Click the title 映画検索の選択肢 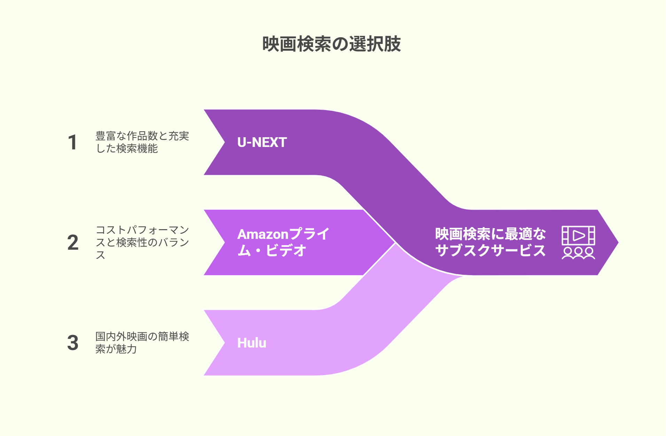pyautogui.click(x=331, y=44)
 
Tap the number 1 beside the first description pyautogui.click(x=72, y=142)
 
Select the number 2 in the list pyautogui.click(x=73, y=243)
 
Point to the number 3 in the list pyautogui.click(x=73, y=343)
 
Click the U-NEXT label pyautogui.click(x=262, y=142)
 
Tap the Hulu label pyautogui.click(x=252, y=343)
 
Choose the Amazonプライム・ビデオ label pyautogui.click(x=283, y=242)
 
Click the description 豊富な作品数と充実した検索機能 pyautogui.click(x=142, y=142)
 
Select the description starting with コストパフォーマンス pyautogui.click(x=142, y=242)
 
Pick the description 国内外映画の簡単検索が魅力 pyautogui.click(x=142, y=343)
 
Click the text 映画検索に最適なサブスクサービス pyautogui.click(x=490, y=242)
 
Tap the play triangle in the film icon pyautogui.click(x=579, y=235)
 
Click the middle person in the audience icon pyautogui.click(x=578, y=253)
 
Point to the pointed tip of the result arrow pyautogui.click(x=618, y=242)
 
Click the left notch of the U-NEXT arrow pyautogui.click(x=225, y=142)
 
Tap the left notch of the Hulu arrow pyautogui.click(x=225, y=343)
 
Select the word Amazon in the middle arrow pyautogui.click(x=263, y=234)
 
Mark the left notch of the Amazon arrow pyautogui.click(x=225, y=242)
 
